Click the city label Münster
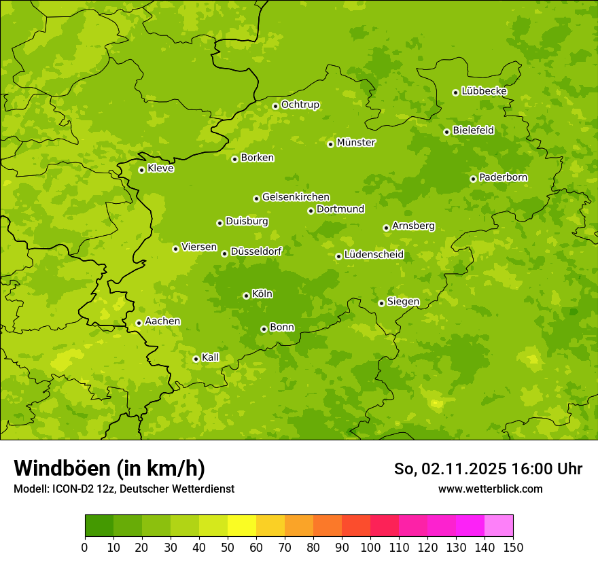(x=356, y=143)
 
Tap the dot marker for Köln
(x=246, y=296)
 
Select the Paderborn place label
(x=503, y=177)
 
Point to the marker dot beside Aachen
(x=139, y=323)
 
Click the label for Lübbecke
(x=484, y=91)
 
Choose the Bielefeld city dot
(x=446, y=132)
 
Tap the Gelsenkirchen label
(x=296, y=197)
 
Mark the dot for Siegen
(x=381, y=303)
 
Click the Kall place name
(x=210, y=357)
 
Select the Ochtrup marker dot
(x=275, y=106)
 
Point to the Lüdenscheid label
(x=374, y=255)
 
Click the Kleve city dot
(x=141, y=170)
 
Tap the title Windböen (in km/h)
(x=109, y=468)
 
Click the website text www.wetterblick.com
(x=490, y=489)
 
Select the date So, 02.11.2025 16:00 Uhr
(x=488, y=469)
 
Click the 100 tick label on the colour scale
(x=370, y=548)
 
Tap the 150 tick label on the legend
(x=513, y=548)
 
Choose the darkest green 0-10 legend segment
(x=99, y=526)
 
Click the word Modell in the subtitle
(x=31, y=489)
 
